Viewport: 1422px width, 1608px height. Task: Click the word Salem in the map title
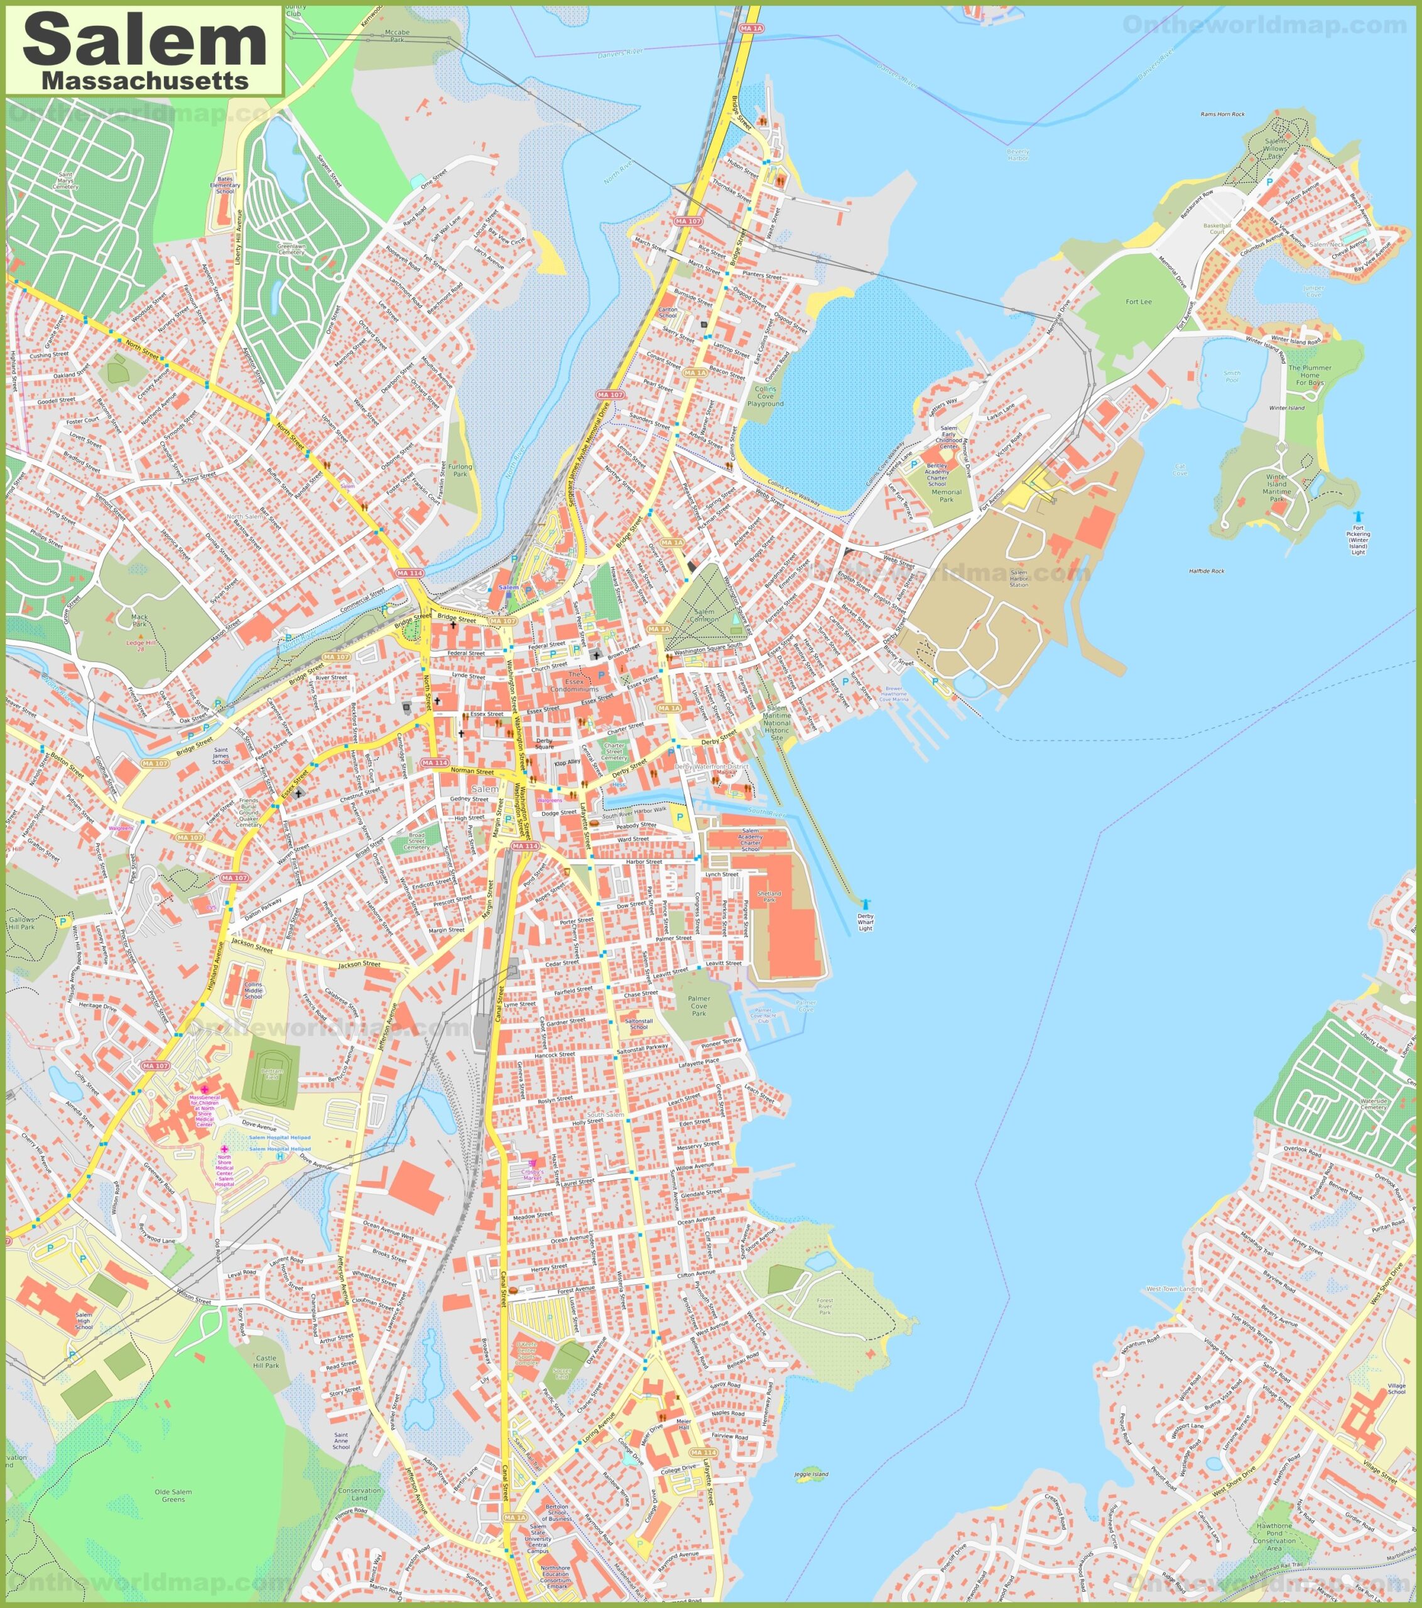pos(146,41)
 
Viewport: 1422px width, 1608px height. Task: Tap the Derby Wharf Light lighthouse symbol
pos(866,904)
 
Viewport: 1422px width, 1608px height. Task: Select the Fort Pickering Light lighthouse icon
pos(1357,516)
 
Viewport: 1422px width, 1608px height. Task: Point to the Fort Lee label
pos(1138,302)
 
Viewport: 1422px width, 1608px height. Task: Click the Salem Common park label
pos(704,615)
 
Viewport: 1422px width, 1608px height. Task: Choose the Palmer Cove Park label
pos(698,1006)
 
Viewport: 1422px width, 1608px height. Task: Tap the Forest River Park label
pos(824,1306)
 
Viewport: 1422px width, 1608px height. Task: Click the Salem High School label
pos(84,1320)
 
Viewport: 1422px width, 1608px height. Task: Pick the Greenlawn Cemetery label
pos(291,249)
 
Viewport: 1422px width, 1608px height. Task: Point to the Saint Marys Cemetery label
pos(65,181)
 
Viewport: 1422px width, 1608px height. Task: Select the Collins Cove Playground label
pos(765,396)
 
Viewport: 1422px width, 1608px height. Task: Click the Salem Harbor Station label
pos(1019,579)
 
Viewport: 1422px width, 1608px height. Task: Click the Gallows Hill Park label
pos(22,923)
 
